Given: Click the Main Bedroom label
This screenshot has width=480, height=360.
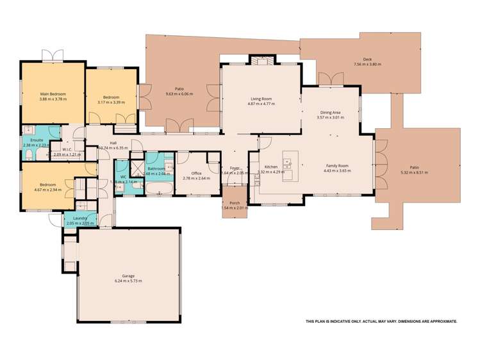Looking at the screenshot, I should [x=53, y=94].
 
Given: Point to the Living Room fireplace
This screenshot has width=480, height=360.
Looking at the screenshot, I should [x=260, y=61].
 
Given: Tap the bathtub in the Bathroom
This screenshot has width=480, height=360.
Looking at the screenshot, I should [x=158, y=188].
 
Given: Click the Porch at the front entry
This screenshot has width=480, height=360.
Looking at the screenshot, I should [x=234, y=202].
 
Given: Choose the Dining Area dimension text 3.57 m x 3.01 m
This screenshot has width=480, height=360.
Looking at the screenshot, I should [x=330, y=118].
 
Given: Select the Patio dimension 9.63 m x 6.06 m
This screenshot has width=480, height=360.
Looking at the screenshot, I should [x=180, y=94].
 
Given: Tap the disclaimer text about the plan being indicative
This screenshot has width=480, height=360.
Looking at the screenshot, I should [x=381, y=321].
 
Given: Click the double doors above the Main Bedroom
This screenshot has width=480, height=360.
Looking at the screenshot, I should [x=53, y=56].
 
